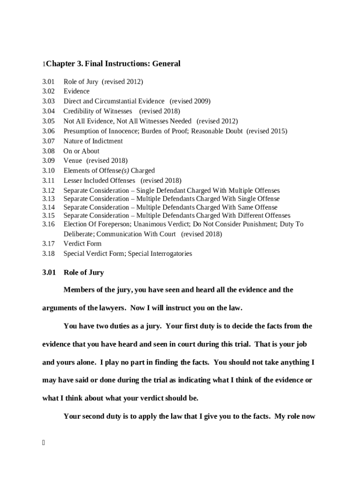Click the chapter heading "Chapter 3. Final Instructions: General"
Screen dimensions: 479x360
(x=113, y=64)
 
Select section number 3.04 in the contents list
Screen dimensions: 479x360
(x=49, y=111)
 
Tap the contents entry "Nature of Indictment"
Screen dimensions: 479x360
(x=93, y=141)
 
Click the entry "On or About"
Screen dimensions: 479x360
(x=81, y=151)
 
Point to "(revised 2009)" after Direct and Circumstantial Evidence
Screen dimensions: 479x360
(x=190, y=102)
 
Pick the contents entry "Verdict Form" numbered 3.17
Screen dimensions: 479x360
(x=82, y=244)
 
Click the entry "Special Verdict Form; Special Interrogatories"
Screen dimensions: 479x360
(x=128, y=254)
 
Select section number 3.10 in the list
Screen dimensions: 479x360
(x=49, y=171)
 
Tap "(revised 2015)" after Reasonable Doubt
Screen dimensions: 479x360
(x=266, y=131)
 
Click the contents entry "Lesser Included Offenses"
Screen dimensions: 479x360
(x=99, y=181)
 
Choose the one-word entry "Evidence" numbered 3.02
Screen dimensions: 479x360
(x=76, y=92)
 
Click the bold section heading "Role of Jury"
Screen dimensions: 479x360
(x=84, y=273)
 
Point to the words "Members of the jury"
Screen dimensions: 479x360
(x=97, y=290)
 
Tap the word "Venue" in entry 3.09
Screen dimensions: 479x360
(x=72, y=161)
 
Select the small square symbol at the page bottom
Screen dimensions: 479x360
(x=43, y=443)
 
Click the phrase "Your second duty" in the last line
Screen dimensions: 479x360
(x=92, y=416)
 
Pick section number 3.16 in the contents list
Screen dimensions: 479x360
(x=49, y=225)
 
